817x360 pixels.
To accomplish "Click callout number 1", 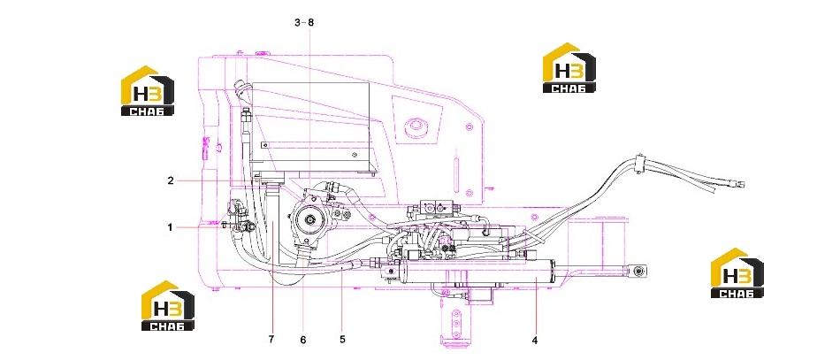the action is (170, 227).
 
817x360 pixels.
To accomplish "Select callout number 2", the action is (171, 181).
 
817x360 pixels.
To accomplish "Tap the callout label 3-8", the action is (304, 22).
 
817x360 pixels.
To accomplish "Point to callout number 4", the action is (535, 341).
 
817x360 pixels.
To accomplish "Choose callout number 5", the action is (342, 339).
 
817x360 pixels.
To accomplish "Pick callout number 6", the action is (303, 341).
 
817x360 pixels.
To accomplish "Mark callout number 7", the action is (271, 340).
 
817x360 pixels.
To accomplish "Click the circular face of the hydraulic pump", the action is (311, 221).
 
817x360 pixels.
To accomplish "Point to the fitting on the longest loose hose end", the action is (737, 183).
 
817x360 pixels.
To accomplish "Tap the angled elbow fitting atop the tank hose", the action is (242, 92).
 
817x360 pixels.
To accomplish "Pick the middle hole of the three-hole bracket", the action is (456, 324).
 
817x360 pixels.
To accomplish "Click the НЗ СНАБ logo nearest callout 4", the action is (737, 273).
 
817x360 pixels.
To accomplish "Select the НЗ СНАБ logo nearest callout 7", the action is (168, 306).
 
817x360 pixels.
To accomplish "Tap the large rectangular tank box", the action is (310, 127).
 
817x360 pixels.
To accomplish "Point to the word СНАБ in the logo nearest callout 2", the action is (148, 111).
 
